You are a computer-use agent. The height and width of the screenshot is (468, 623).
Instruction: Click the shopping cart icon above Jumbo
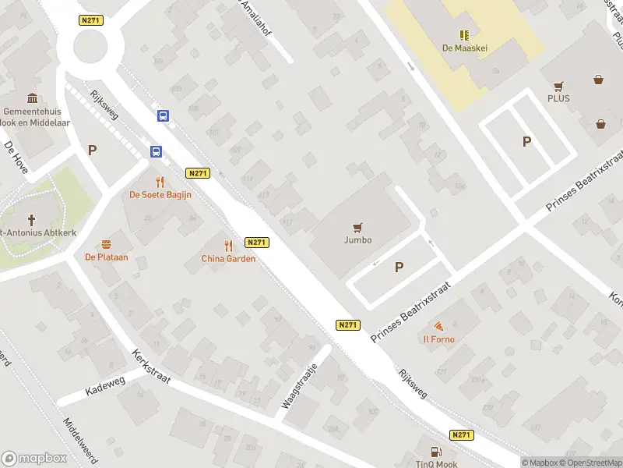point(357,228)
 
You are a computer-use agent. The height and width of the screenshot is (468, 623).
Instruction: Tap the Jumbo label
point(357,240)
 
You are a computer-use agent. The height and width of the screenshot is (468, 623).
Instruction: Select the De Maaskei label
point(465,47)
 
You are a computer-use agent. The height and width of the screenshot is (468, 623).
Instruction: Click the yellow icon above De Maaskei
point(465,35)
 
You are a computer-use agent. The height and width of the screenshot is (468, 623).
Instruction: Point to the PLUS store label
point(558,98)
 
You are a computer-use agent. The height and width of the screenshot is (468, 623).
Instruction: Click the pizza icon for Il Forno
point(439,326)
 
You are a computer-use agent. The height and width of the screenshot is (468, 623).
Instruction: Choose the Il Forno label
point(439,339)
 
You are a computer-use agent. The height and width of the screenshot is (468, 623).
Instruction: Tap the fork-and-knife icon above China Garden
point(228,245)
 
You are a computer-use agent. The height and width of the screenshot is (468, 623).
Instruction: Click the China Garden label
point(228,259)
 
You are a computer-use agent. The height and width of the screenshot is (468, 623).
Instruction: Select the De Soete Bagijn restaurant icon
point(160,181)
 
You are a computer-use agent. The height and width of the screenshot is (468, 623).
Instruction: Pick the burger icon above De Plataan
point(106,243)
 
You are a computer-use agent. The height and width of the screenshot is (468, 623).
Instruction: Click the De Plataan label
point(106,257)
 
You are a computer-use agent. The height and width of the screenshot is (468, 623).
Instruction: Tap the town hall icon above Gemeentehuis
point(33,98)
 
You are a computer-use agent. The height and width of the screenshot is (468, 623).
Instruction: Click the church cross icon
point(32,221)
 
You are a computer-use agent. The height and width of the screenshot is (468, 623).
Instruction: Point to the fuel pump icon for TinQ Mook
point(435,452)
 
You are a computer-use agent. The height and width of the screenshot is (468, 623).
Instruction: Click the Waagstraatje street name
point(300,386)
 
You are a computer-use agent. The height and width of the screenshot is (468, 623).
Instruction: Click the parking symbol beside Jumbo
point(399,268)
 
